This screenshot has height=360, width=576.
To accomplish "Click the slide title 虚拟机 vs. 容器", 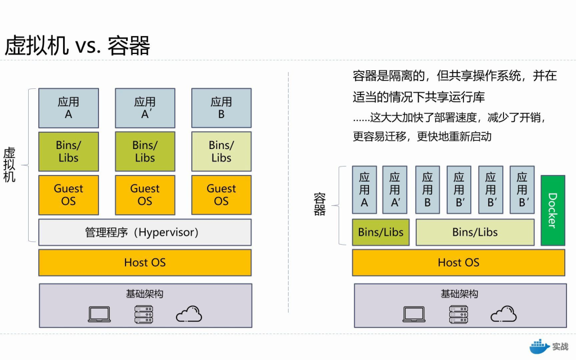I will (x=78, y=46).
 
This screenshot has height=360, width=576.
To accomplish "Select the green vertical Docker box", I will (x=552, y=210).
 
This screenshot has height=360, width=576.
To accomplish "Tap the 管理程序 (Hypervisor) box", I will (x=145, y=232).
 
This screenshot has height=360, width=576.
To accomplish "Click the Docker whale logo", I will (x=539, y=346).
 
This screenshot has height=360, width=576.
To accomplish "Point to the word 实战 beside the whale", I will (x=560, y=346).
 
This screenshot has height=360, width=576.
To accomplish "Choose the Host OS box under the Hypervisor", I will (x=145, y=263).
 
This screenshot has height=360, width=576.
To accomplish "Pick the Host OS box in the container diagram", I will (x=458, y=263).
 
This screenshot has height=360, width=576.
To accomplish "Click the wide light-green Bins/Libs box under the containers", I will (x=475, y=232).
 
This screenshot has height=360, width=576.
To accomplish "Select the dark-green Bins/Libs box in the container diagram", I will (x=381, y=232).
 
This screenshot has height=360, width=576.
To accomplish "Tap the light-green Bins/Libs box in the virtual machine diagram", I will (x=221, y=151).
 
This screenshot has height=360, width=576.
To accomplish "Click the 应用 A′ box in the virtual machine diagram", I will (x=145, y=108).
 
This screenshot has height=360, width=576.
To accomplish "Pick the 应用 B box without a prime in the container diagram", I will (x=427, y=190).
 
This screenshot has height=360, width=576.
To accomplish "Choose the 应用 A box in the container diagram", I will (x=364, y=190).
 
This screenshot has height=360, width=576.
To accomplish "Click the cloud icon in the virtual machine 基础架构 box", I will (x=189, y=314).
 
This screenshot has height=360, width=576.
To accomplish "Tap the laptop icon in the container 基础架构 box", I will (x=413, y=314).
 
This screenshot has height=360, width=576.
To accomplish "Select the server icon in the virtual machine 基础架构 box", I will (x=144, y=314).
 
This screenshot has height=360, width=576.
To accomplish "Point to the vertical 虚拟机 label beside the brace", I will (x=10, y=164).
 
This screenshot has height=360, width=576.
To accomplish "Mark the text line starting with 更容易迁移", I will (x=422, y=136).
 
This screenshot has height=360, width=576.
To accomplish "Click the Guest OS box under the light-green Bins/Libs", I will (x=221, y=195).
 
